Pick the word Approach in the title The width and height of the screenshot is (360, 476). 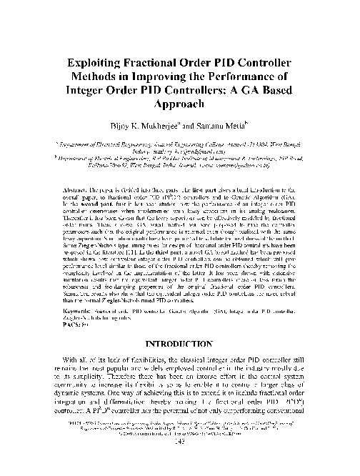[x=180, y=107]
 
